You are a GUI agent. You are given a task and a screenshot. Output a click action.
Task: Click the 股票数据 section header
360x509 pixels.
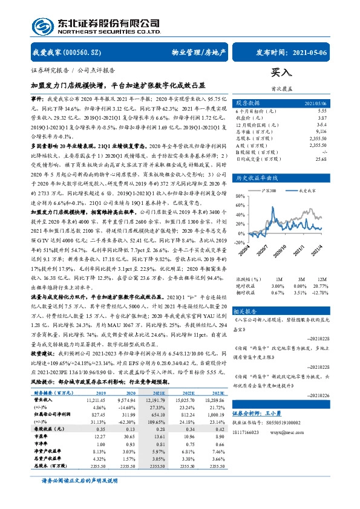[248, 103]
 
